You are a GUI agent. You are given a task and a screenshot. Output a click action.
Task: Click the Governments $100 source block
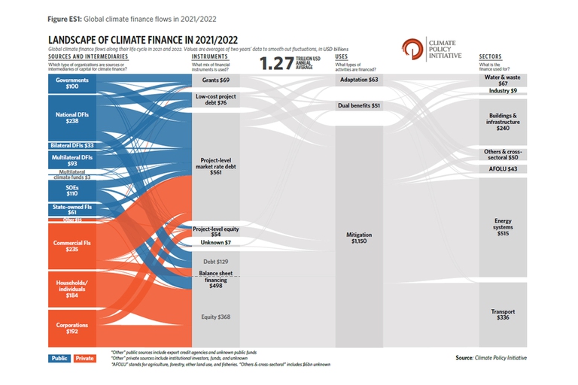tap(72, 83)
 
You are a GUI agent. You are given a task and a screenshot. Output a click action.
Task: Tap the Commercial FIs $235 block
tap(72, 247)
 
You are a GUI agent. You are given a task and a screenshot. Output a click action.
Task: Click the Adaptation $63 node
tap(359, 80)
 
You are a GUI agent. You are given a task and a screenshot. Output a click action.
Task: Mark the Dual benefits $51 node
tap(359, 106)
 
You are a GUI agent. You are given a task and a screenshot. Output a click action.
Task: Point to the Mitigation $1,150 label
tap(359, 238)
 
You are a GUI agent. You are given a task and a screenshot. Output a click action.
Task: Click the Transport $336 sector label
tap(502, 314)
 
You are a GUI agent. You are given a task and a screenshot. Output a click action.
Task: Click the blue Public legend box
tap(60, 358)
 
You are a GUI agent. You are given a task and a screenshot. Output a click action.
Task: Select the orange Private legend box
tap(85, 358)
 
